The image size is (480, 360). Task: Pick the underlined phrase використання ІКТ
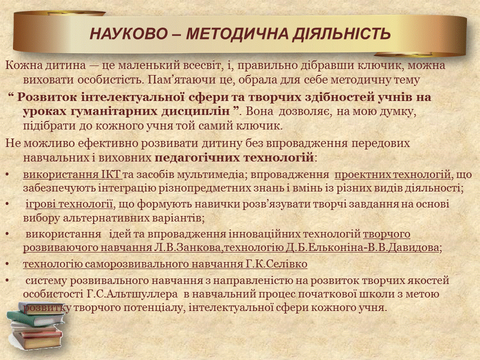click(72, 175)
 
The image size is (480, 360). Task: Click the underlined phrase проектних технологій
click(393, 175)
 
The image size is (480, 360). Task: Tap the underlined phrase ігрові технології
click(69, 204)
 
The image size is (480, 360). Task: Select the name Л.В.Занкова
click(187, 247)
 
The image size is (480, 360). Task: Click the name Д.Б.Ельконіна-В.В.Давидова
click(362, 247)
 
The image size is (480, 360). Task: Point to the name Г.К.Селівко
click(276, 264)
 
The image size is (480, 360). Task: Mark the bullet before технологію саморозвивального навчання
click(7, 264)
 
